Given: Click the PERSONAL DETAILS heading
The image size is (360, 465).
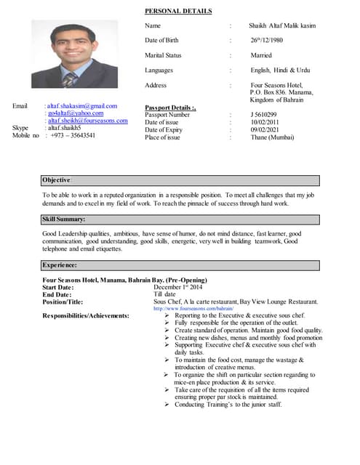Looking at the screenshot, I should [178, 12].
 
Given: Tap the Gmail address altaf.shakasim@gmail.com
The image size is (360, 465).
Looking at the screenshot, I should [82, 106].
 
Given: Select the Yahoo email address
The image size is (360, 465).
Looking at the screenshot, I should [76, 113].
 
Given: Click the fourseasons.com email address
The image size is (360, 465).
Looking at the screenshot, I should [87, 121].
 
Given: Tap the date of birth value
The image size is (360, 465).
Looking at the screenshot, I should [266, 40].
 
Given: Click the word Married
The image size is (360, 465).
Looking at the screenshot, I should [261, 55].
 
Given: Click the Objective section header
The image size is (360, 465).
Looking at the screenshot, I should [57, 179].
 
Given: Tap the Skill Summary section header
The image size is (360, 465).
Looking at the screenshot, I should [65, 219].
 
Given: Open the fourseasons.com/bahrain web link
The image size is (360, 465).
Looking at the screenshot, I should [193, 309].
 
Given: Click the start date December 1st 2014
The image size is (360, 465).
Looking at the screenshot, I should [180, 288].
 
